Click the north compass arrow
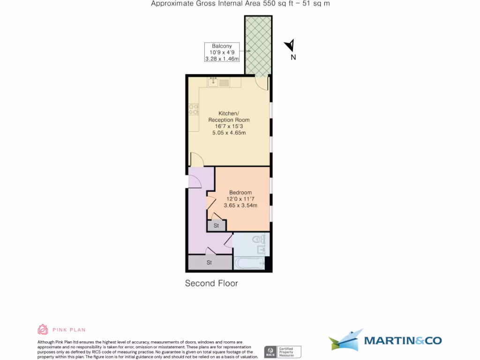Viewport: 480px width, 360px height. pyautogui.click(x=290, y=45)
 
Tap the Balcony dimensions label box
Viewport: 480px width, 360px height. pyautogui.click(x=222, y=52)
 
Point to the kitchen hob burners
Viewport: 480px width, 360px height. pyautogui.click(x=193, y=109)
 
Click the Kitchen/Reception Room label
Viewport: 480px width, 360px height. pyautogui.click(x=229, y=117)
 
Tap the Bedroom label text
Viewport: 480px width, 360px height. pyautogui.click(x=240, y=193)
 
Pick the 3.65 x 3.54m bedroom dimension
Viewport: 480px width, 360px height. pyautogui.click(x=240, y=205)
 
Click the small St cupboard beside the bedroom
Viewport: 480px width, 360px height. pyautogui.click(x=216, y=225)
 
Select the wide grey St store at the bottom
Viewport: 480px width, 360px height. pyautogui.click(x=210, y=262)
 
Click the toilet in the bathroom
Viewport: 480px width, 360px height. pyautogui.click(x=257, y=240)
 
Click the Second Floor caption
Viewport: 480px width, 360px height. pyautogui.click(x=211, y=283)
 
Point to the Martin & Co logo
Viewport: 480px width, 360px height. pyautogui.click(x=385, y=340)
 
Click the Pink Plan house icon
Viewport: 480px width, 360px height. pyautogui.click(x=43, y=330)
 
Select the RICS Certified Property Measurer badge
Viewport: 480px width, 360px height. pyautogui.click(x=283, y=351)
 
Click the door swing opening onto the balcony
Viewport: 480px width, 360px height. pyautogui.click(x=262, y=82)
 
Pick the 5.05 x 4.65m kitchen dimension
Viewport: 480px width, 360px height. pyautogui.click(x=229, y=133)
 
